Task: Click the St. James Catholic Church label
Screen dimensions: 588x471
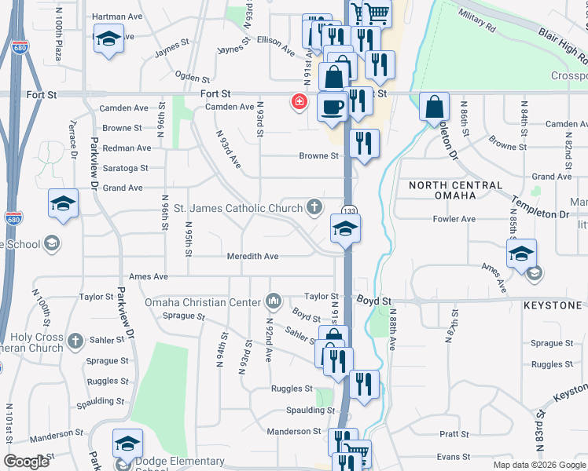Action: coord(237,208)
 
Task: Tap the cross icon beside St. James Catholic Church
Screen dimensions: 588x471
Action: coord(314,207)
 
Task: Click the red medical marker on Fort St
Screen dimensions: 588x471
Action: coord(299,101)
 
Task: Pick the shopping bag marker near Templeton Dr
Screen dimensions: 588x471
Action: coord(434,106)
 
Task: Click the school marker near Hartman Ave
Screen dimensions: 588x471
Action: coord(108,38)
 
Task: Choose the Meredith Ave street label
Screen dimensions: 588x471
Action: coord(253,256)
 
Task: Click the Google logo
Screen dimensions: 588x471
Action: coord(27,461)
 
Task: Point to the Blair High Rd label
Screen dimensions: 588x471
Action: coord(561,45)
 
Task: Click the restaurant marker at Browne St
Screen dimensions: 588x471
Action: coord(364,143)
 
